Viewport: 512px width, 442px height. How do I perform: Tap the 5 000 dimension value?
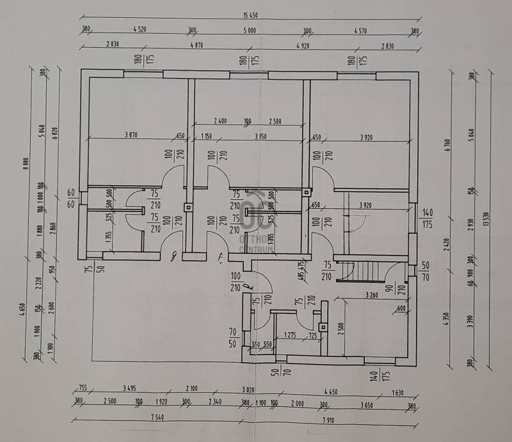(x=250, y=30)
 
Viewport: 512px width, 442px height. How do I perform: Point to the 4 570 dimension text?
(x=363, y=30)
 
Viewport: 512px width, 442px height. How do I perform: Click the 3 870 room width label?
(x=131, y=135)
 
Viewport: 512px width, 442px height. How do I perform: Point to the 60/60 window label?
(x=71, y=197)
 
